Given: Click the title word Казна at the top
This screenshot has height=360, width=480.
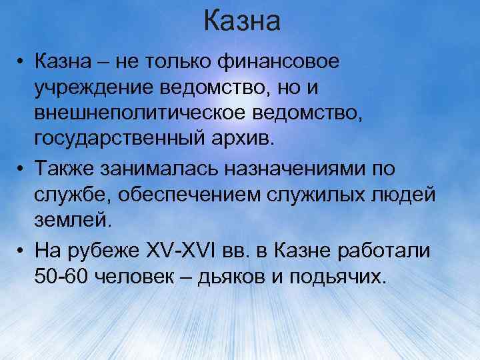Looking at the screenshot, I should tap(242, 21).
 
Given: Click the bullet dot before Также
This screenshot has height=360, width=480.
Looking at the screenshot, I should tap(22, 169).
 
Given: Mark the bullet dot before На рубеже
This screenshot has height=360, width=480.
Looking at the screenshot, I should tap(22, 251).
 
